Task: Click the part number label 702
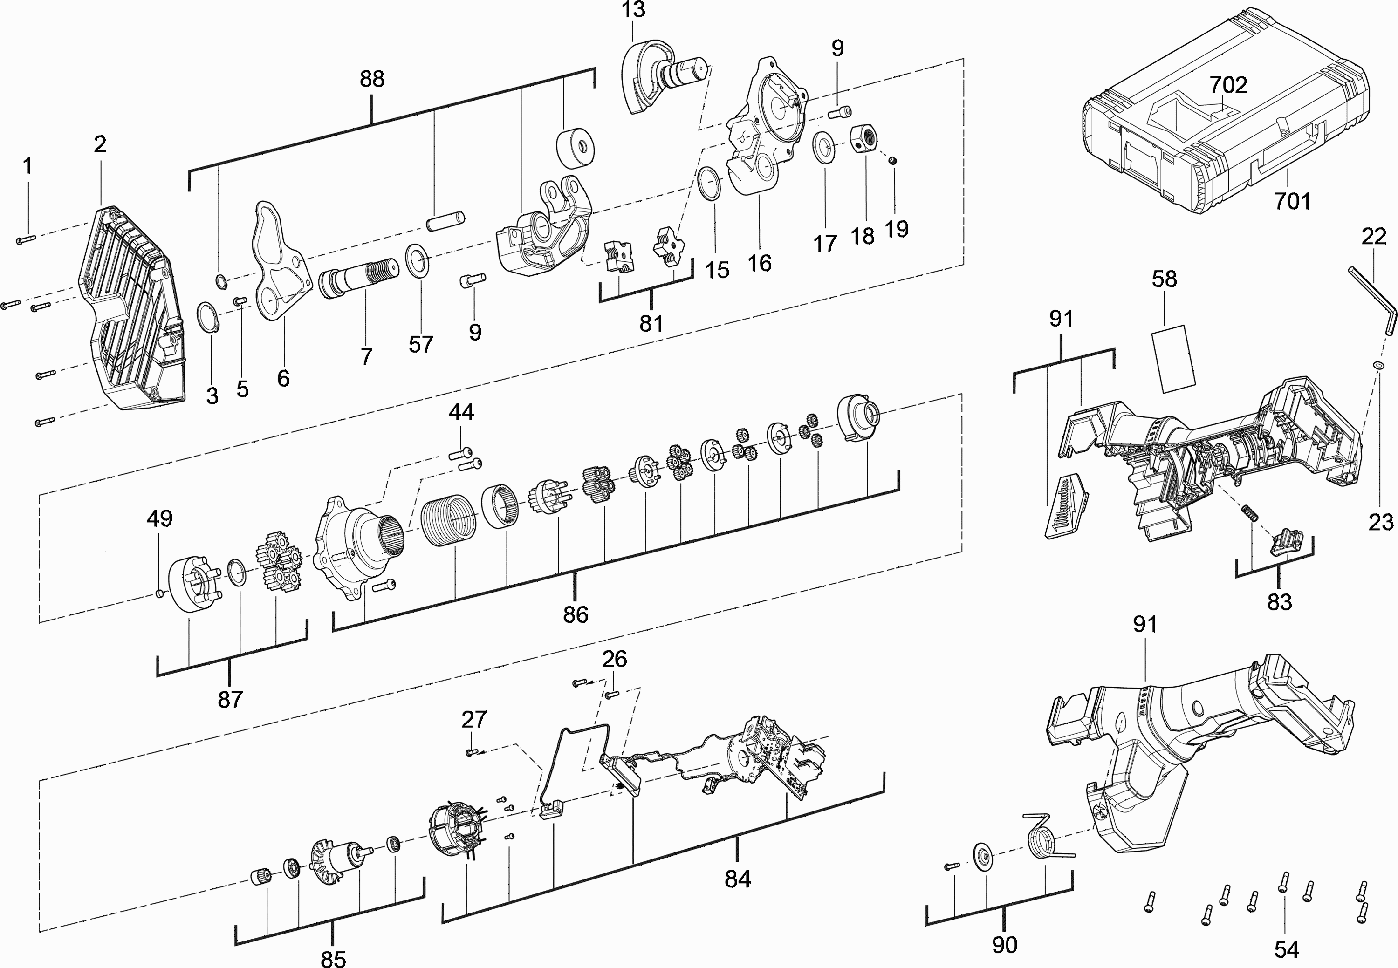coord(1228,85)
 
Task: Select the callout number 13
coord(633,10)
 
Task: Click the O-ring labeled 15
coord(709,184)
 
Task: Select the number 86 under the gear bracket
coord(575,614)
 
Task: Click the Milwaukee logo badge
coord(1066,508)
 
